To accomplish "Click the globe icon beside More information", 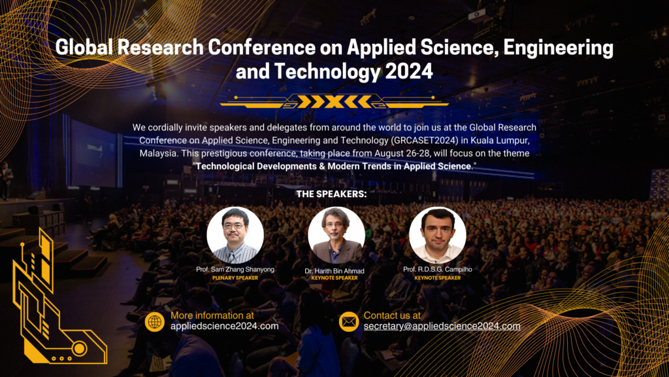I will pos(155,321).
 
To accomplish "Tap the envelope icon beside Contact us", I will pos(348,321).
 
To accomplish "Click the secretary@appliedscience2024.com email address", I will pos(442,326).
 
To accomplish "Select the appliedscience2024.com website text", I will pos(225,326).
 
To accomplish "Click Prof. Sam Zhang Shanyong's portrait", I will pos(235,235).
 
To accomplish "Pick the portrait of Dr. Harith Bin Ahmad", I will pos(336,235).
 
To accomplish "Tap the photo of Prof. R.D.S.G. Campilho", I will pos(437,235).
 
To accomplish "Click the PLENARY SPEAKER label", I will pos(235,278).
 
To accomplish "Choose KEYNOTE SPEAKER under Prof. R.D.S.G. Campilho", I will pos(436,278).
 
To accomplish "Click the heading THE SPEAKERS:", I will pos(332,194).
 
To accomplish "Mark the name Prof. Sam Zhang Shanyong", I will pos(235,270).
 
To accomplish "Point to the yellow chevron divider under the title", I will pos(334,101).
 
